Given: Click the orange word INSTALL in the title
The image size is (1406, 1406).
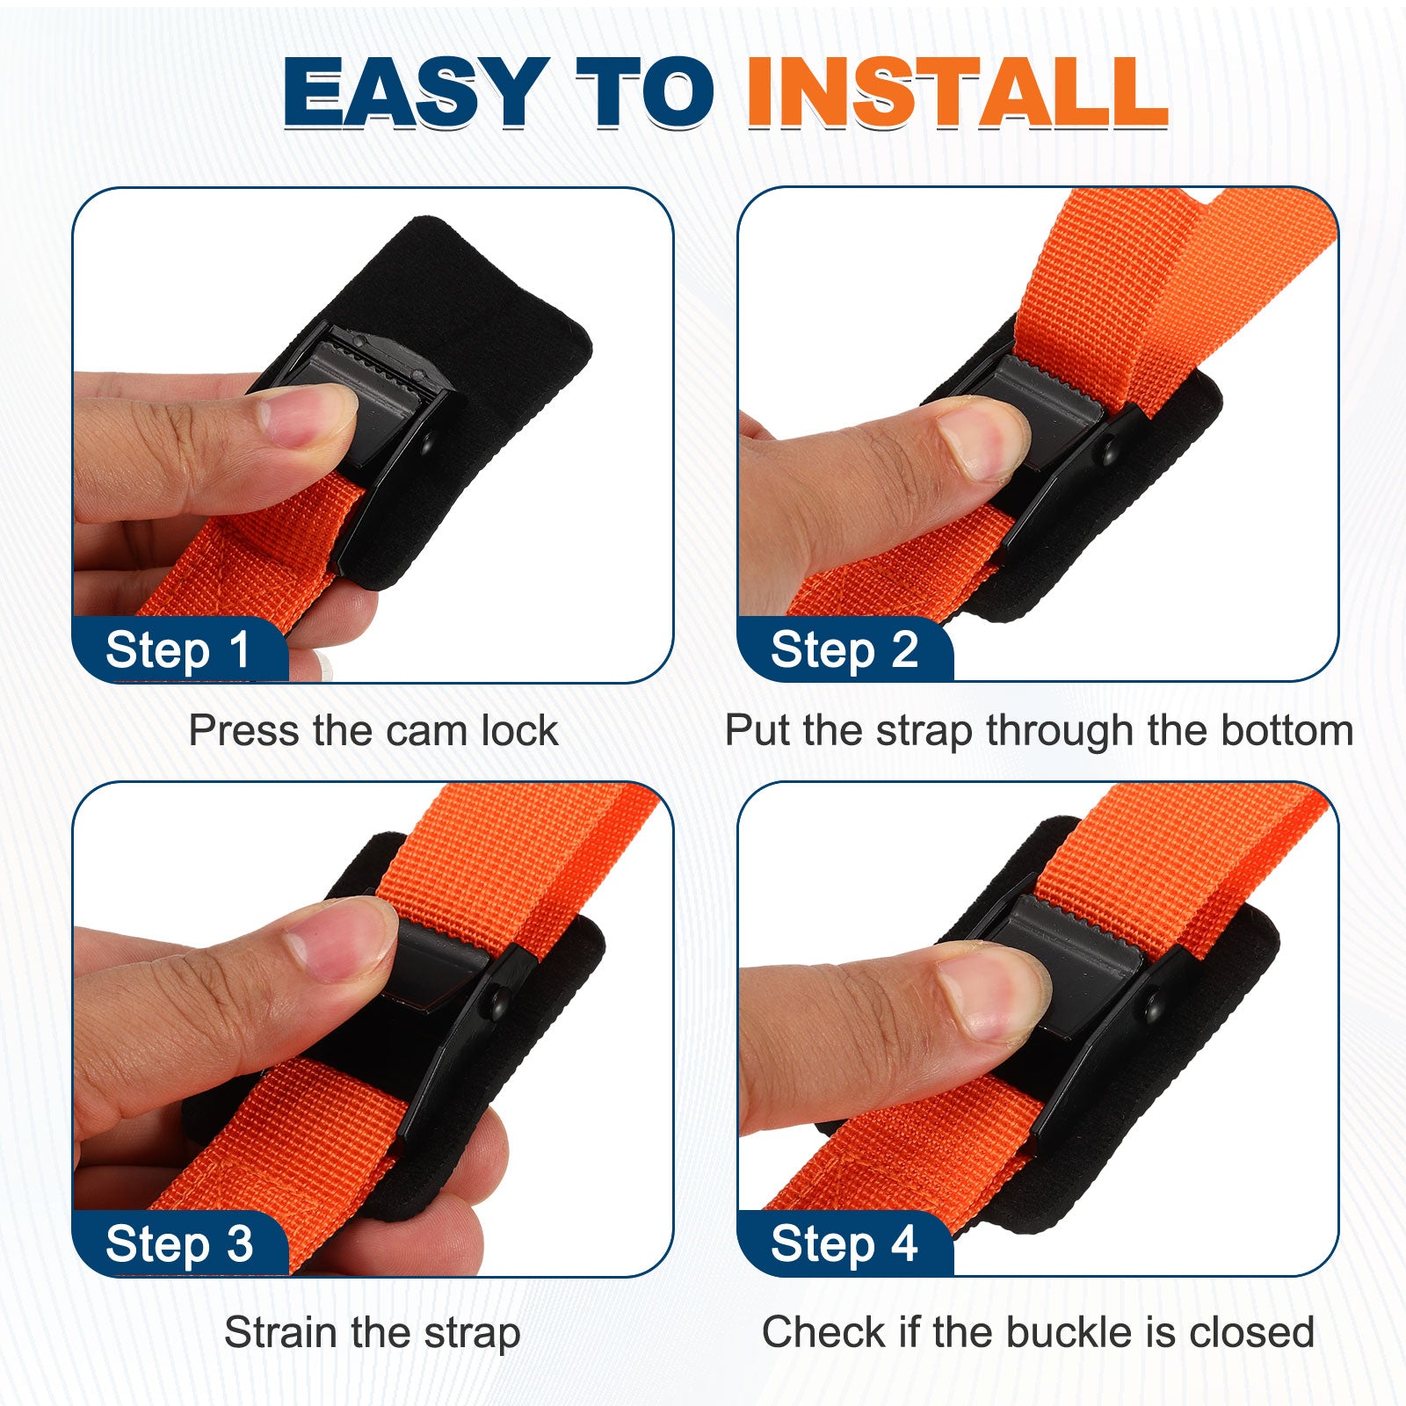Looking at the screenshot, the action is click(957, 91).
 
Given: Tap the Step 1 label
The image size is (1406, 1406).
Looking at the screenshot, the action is click(178, 650).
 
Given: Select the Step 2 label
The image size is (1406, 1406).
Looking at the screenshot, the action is click(844, 650).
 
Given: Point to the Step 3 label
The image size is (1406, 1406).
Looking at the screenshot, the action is click(179, 1244).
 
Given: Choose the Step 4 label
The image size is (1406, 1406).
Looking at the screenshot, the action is click(844, 1244).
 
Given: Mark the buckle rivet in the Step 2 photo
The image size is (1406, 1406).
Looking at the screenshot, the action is click(1109, 453).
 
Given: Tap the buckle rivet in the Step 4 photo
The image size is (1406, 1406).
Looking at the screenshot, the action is click(1155, 1007).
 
